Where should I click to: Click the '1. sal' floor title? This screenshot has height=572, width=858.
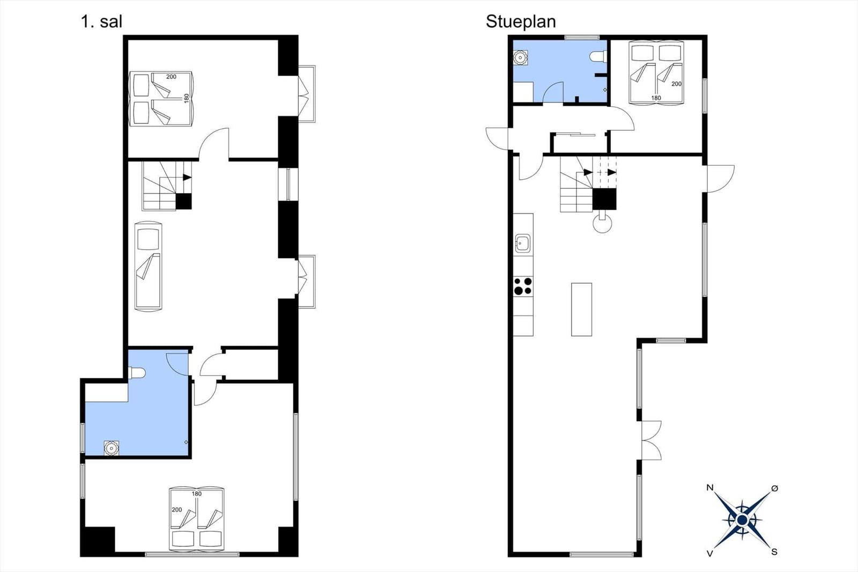[x=101, y=21]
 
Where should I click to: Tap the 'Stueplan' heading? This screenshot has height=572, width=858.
[x=521, y=21]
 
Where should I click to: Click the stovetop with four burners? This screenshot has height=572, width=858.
[x=523, y=286]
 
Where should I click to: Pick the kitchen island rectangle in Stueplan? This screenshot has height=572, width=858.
[x=581, y=310]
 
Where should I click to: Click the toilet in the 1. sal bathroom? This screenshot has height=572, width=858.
[x=137, y=372]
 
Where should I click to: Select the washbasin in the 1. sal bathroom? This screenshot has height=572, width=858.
[x=111, y=448]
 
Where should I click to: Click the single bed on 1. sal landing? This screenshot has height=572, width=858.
[x=148, y=266]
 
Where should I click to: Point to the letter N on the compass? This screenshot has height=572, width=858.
[x=710, y=488]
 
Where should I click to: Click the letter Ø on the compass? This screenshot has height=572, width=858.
[x=774, y=488]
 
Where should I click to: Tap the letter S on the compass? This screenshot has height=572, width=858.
[x=774, y=552]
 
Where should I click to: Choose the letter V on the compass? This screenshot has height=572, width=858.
[x=709, y=553]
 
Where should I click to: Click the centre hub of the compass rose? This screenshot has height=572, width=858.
[x=742, y=520]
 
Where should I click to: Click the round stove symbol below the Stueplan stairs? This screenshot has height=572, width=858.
[x=602, y=224]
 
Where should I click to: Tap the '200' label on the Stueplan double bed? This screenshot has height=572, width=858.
[x=676, y=84]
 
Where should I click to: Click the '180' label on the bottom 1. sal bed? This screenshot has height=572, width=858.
[x=196, y=494]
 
